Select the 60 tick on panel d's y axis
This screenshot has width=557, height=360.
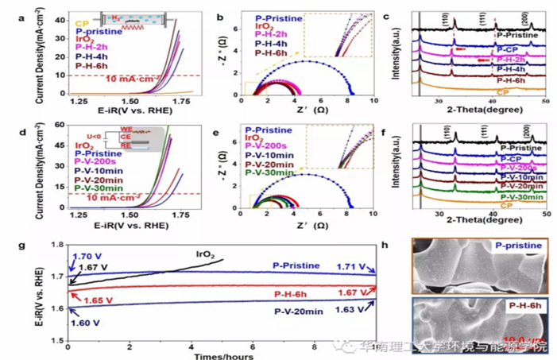pos(58,126)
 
